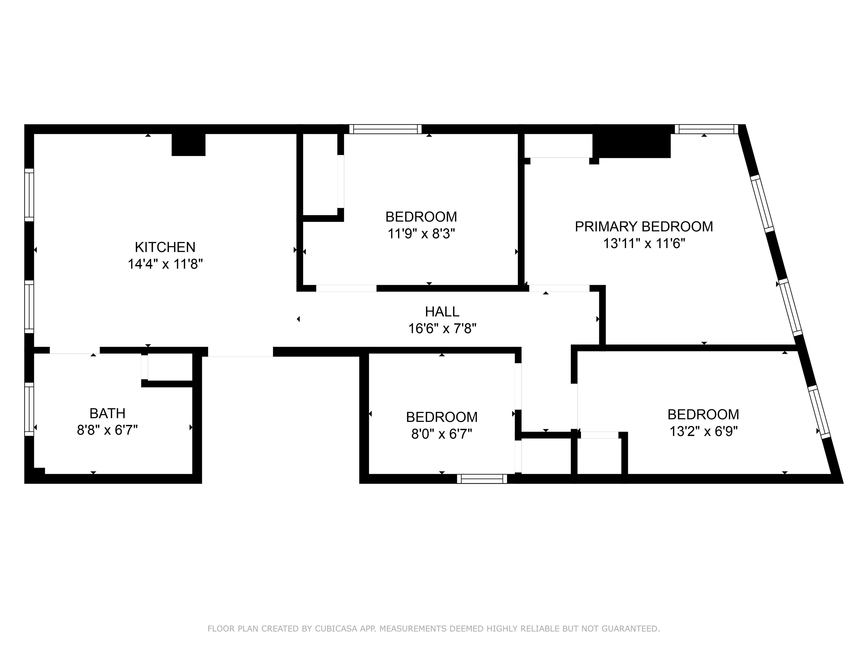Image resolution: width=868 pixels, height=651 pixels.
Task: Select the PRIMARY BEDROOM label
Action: (644, 227)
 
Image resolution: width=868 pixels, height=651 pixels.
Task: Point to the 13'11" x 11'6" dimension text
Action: (644, 244)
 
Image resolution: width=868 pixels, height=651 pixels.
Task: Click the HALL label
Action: (442, 312)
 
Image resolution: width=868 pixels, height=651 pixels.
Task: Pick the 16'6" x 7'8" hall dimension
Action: (442, 328)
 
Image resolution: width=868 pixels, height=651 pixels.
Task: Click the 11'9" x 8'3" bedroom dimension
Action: (421, 234)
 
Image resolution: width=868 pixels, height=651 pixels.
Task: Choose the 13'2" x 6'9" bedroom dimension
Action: (703, 432)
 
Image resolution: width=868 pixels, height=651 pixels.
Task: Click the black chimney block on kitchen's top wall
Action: (188, 144)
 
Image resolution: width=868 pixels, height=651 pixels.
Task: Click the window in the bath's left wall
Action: (29, 409)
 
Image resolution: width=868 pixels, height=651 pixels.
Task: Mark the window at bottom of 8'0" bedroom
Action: (482, 479)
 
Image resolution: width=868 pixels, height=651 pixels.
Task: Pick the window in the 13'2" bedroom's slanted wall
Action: (819, 412)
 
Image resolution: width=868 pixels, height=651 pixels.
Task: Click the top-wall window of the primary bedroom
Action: (706, 129)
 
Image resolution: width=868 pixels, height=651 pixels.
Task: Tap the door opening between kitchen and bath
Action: (75, 350)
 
